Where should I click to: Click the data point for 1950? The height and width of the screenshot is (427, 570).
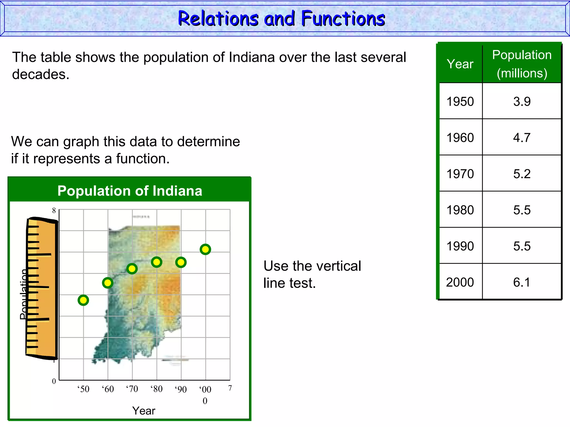pyautogui.click(x=83, y=300)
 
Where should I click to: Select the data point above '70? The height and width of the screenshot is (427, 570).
pyautogui.click(x=132, y=269)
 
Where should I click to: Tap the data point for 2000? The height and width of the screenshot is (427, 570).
pyautogui.click(x=205, y=249)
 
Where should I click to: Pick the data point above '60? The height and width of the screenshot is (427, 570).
pyautogui.click(x=108, y=283)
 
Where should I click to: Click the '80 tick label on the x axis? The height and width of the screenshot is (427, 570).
pyautogui.click(x=156, y=389)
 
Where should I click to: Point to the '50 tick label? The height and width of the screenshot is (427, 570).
pyautogui.click(x=83, y=389)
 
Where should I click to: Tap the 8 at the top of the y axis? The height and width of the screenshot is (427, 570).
pyautogui.click(x=54, y=210)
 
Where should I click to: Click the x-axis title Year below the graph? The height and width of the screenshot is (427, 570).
pyautogui.click(x=144, y=411)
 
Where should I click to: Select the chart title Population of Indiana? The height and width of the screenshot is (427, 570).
pyautogui.click(x=130, y=191)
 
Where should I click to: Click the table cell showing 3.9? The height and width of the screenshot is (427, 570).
pyautogui.click(x=522, y=101)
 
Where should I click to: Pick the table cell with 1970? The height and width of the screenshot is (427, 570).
pyautogui.click(x=460, y=174)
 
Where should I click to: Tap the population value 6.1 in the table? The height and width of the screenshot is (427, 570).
pyautogui.click(x=522, y=282)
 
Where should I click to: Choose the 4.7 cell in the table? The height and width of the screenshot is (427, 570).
pyautogui.click(x=522, y=138)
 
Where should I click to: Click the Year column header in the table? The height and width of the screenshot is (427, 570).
pyautogui.click(x=460, y=64)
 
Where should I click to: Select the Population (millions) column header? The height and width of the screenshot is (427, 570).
pyautogui.click(x=522, y=64)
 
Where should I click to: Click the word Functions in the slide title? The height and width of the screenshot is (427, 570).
pyautogui.click(x=343, y=19)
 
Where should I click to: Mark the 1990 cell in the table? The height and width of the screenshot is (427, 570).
pyautogui.click(x=460, y=246)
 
